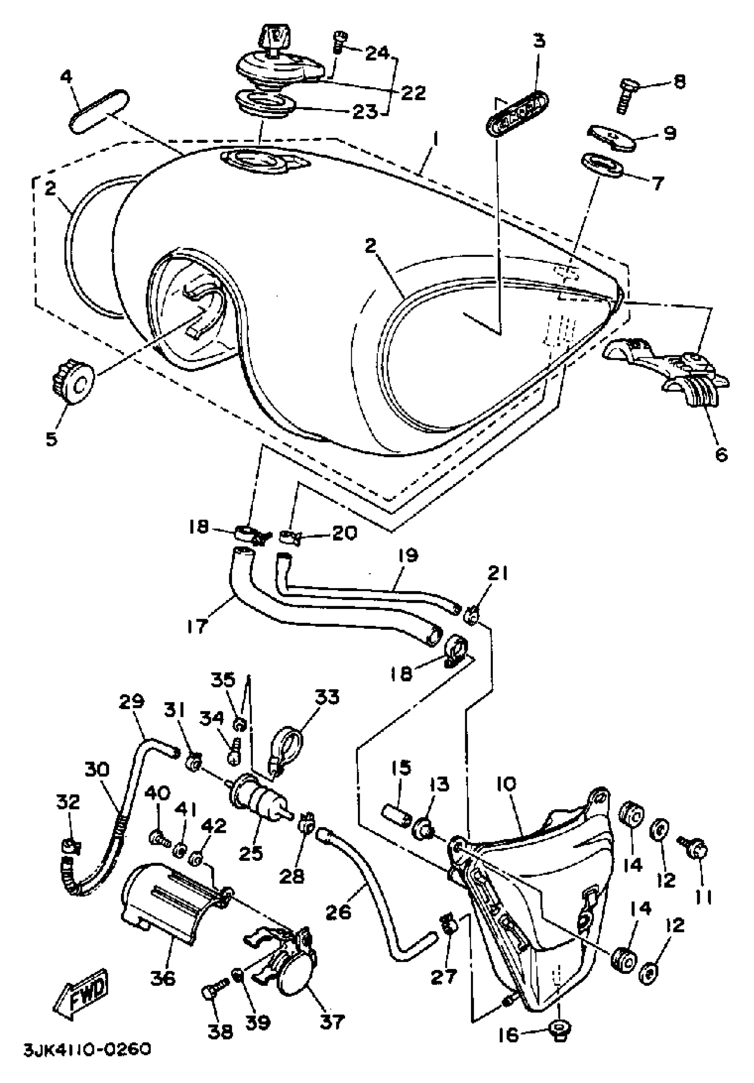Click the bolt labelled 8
[x=627, y=98]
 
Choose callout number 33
[x=327, y=697]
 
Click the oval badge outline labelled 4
[x=98, y=111]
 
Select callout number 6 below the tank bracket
[x=722, y=454]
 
